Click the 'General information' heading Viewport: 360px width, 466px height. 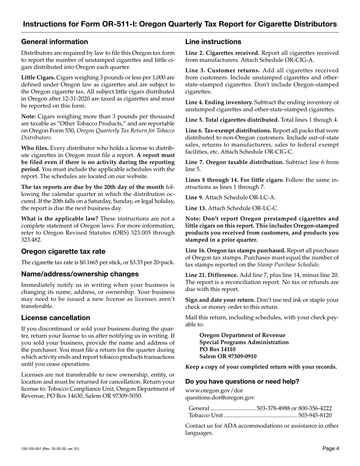tap(55, 42)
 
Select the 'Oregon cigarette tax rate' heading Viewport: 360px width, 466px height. tap(63, 252)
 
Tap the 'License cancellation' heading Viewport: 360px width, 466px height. tap(56, 317)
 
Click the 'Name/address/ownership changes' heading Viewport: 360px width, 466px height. tap(80, 274)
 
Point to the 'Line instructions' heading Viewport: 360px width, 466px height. tap(213, 42)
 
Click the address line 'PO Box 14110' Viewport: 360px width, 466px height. tap(217, 349)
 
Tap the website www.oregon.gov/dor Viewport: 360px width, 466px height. tap(214, 391)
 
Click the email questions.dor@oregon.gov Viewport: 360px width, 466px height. tap(220, 397)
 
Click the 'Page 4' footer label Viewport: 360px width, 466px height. tap(330, 449)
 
